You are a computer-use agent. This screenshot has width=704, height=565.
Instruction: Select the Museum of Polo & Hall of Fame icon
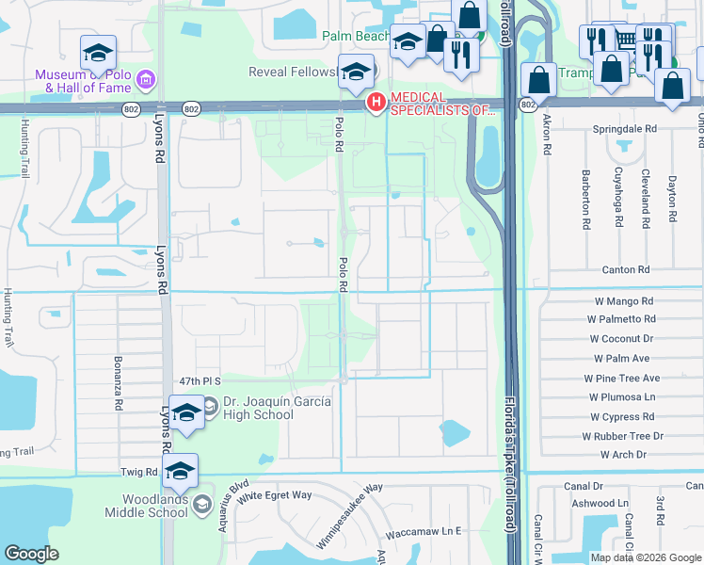[x=146, y=80]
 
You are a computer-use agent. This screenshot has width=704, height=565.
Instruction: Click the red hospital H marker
[x=376, y=103]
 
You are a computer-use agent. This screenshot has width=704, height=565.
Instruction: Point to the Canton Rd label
[x=626, y=269]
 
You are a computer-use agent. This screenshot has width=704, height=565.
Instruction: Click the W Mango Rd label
[x=623, y=301]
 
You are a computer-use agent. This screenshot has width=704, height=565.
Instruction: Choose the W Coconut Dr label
[x=623, y=339]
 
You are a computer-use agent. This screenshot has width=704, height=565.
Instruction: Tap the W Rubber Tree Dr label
[x=622, y=436]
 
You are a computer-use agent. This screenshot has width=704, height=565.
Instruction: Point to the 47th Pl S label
[x=199, y=381]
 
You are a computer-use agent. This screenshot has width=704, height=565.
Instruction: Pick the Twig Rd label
[x=138, y=471]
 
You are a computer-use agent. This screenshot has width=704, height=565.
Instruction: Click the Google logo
[x=31, y=554]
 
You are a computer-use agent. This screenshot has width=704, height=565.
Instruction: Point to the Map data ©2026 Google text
[x=645, y=557]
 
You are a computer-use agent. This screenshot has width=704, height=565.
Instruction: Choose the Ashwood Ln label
[x=600, y=504]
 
